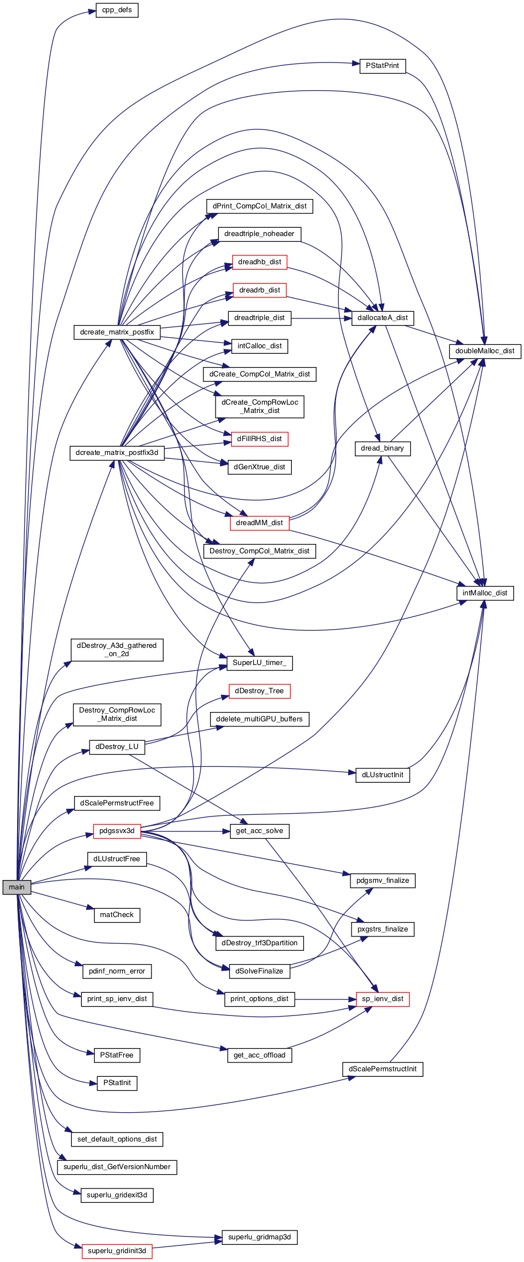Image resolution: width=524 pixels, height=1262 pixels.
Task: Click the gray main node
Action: click(x=17, y=887)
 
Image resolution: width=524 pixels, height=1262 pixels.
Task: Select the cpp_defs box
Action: click(x=117, y=11)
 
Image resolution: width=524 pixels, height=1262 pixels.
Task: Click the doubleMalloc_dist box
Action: click(x=485, y=351)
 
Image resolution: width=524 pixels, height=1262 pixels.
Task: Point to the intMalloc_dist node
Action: click(x=485, y=593)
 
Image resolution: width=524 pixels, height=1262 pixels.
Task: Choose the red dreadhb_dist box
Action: click(x=260, y=262)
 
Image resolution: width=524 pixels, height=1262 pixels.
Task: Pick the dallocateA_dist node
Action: click(x=382, y=318)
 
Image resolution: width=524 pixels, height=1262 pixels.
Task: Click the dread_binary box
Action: click(x=382, y=448)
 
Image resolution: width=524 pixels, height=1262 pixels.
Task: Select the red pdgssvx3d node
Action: click(x=117, y=831)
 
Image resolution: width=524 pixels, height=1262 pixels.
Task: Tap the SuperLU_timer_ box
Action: click(x=260, y=663)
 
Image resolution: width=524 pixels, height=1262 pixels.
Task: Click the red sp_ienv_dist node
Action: click(x=382, y=999)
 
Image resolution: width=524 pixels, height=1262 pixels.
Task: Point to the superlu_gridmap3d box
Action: click(x=260, y=1237)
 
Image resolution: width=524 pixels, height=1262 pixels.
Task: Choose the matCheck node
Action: click(x=117, y=915)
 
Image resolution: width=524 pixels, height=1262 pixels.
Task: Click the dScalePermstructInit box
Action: click(x=382, y=1069)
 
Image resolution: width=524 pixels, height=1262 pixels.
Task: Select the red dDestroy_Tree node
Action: click(x=260, y=691)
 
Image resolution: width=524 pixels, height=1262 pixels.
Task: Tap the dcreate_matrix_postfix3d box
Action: click(x=117, y=453)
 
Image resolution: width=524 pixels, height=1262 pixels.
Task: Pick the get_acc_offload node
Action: click(x=260, y=1055)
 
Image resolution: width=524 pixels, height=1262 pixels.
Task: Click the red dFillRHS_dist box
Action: click(x=260, y=439)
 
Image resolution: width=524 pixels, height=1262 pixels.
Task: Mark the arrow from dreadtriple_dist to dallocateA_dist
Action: click(x=322, y=318)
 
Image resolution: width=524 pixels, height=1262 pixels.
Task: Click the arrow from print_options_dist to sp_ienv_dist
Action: click(x=326, y=999)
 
